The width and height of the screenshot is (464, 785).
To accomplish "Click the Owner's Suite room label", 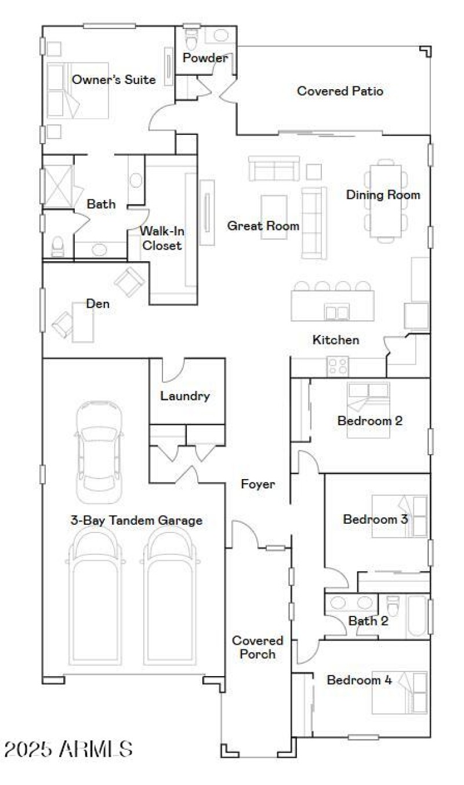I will click(114, 79).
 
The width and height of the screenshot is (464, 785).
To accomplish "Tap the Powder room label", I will click(205, 58).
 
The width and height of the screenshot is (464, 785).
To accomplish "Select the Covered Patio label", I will click(340, 91).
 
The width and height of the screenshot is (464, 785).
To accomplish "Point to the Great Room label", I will click(263, 225).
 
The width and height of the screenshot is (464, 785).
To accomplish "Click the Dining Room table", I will click(386, 201).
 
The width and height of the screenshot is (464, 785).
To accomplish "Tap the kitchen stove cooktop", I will click(338, 366).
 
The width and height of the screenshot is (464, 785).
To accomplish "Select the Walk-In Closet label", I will click(162, 238).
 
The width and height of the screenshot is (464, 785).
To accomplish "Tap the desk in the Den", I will click(82, 321).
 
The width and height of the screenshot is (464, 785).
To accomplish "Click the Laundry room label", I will click(184, 396).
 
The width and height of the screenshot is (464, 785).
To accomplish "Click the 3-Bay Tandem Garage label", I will click(136, 520).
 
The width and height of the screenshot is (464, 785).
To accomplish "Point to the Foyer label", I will click(258, 484).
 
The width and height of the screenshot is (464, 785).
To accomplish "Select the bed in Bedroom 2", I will click(368, 400).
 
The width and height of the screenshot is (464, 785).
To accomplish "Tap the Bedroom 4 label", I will click(359, 680).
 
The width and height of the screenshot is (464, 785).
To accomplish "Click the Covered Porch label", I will click(258, 647).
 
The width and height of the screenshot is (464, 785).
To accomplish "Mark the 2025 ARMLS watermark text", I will click(68, 749).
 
